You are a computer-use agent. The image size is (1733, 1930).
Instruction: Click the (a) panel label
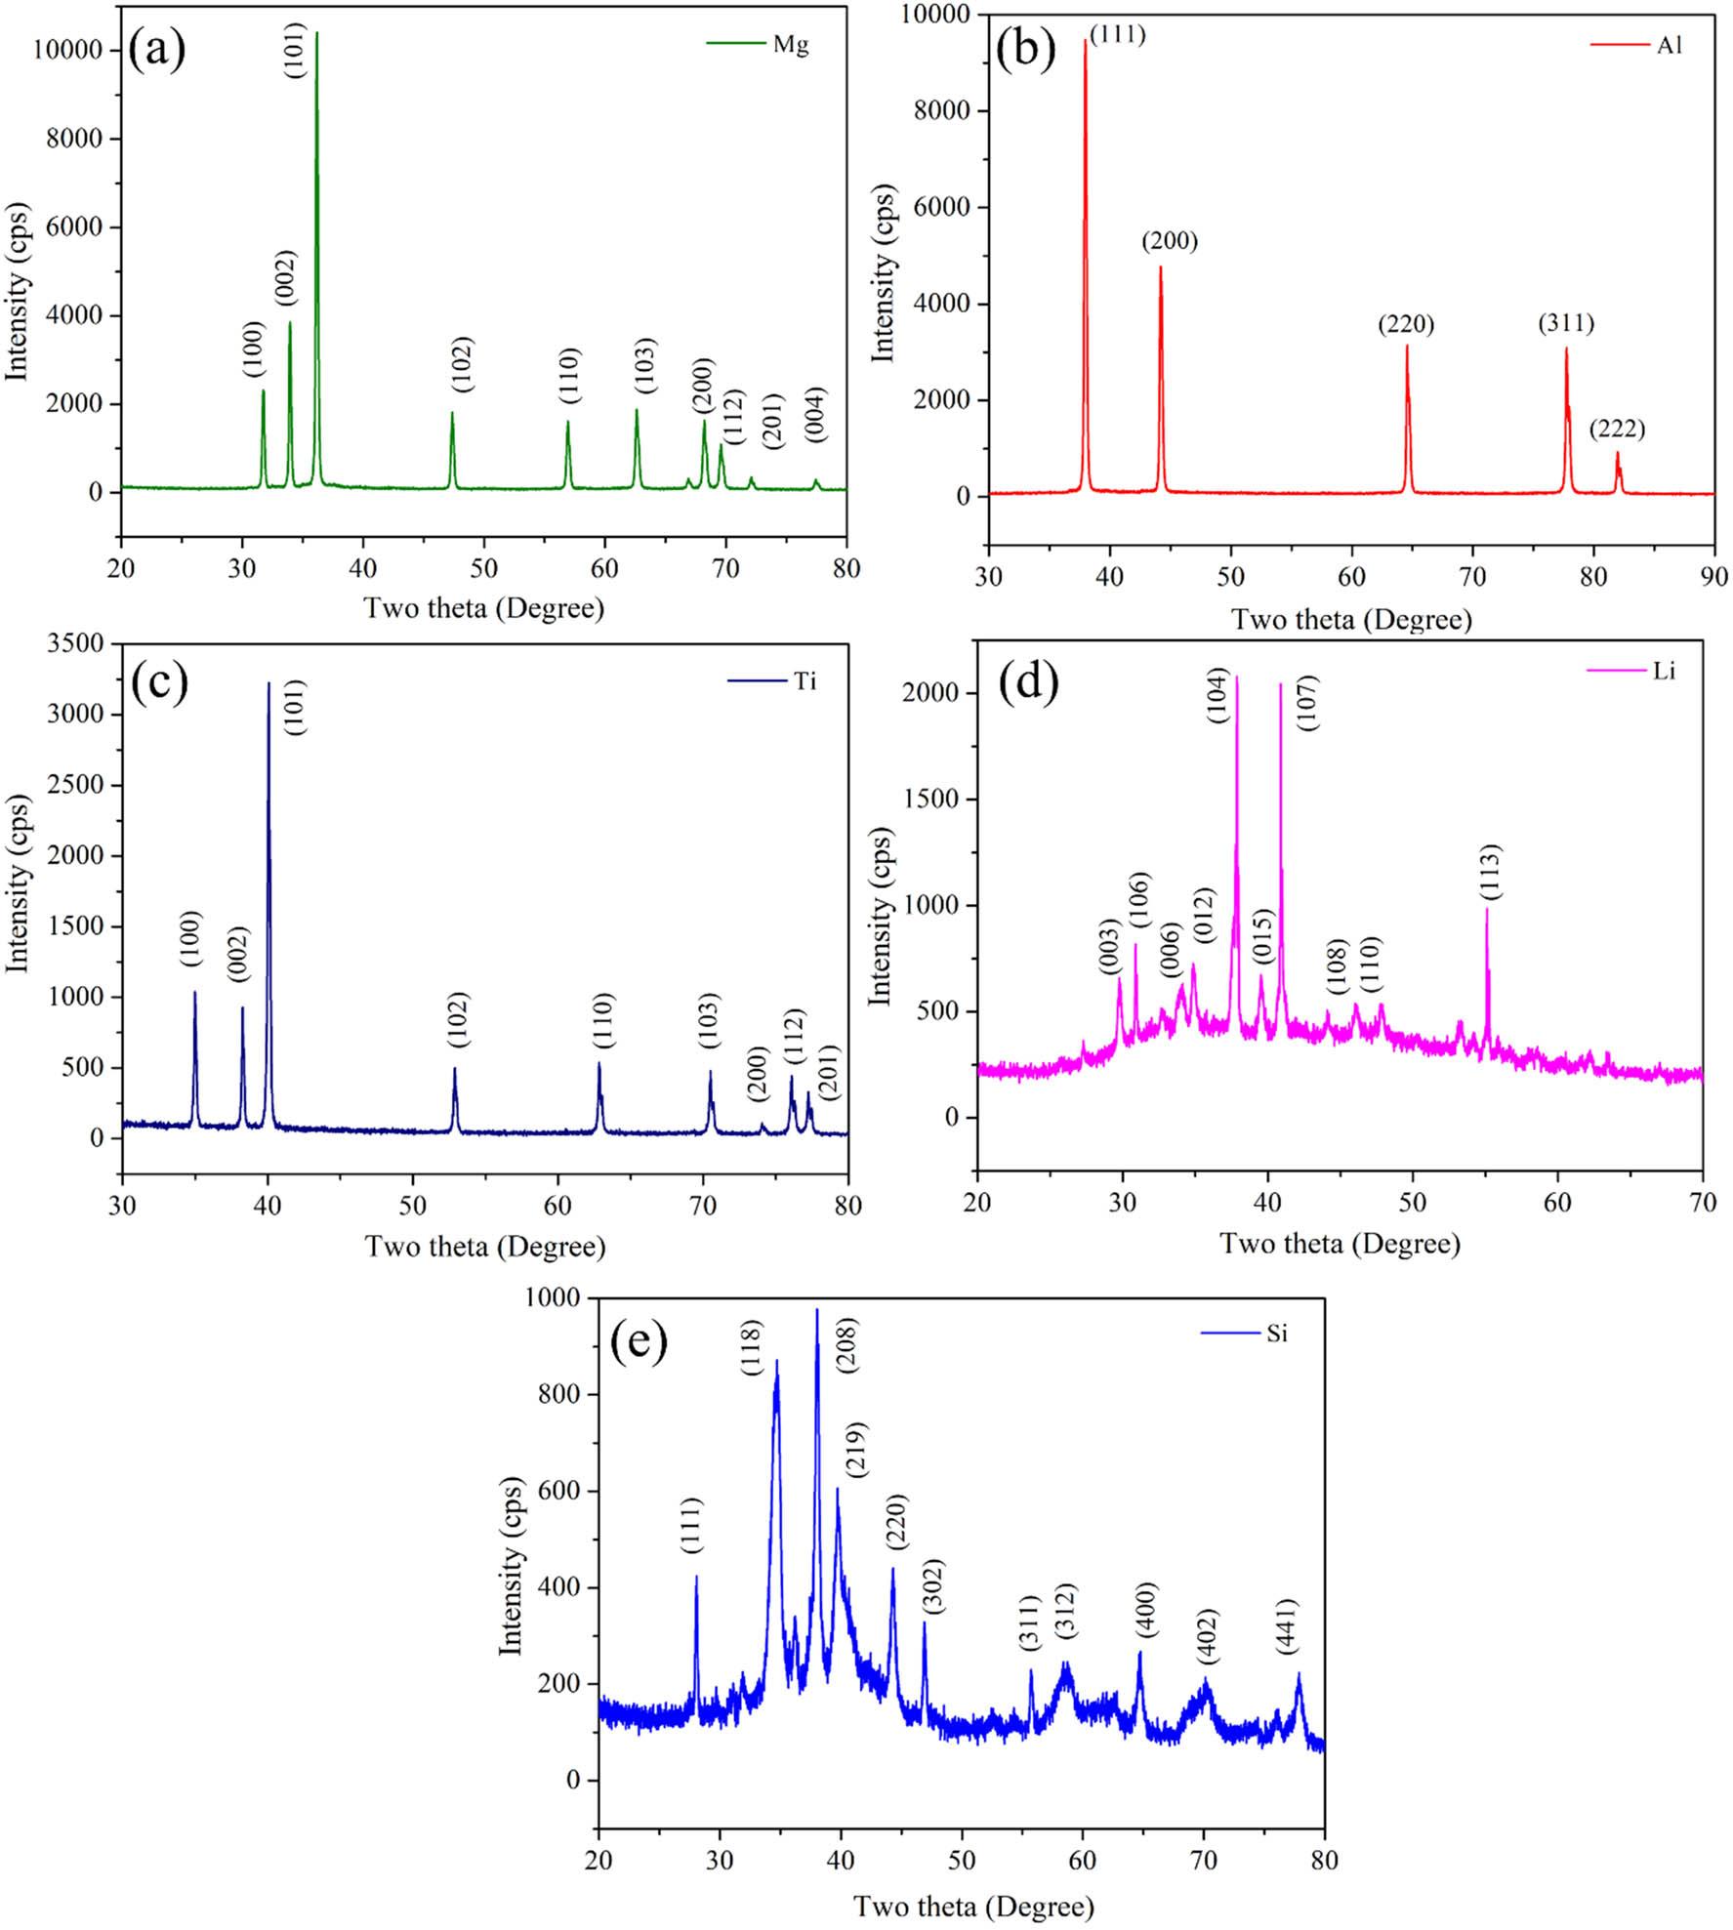point(156,51)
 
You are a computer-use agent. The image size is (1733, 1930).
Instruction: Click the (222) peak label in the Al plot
point(1617,428)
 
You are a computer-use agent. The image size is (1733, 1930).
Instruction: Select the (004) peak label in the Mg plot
point(815,414)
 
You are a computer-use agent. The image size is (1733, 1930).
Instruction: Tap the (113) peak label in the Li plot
point(1490,871)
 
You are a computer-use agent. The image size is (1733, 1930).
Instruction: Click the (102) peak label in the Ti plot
point(457,1019)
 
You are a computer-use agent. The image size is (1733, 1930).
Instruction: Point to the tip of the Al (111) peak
point(1085,40)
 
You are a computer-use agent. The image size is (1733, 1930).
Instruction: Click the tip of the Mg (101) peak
point(316,32)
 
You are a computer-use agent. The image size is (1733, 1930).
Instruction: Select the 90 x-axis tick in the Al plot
point(1713,576)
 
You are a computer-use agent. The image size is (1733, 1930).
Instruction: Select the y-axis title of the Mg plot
point(18,292)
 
